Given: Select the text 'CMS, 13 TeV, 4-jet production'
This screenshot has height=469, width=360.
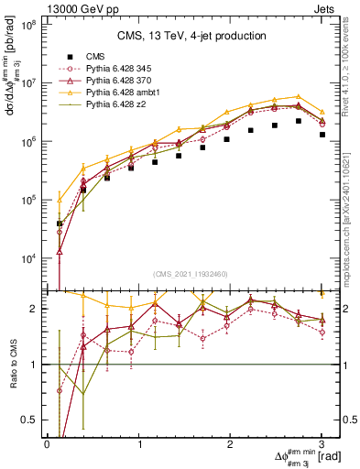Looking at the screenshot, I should pyautogui.click(x=190, y=37).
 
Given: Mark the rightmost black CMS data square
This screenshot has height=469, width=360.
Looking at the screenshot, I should pyautogui.click(x=322, y=135).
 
